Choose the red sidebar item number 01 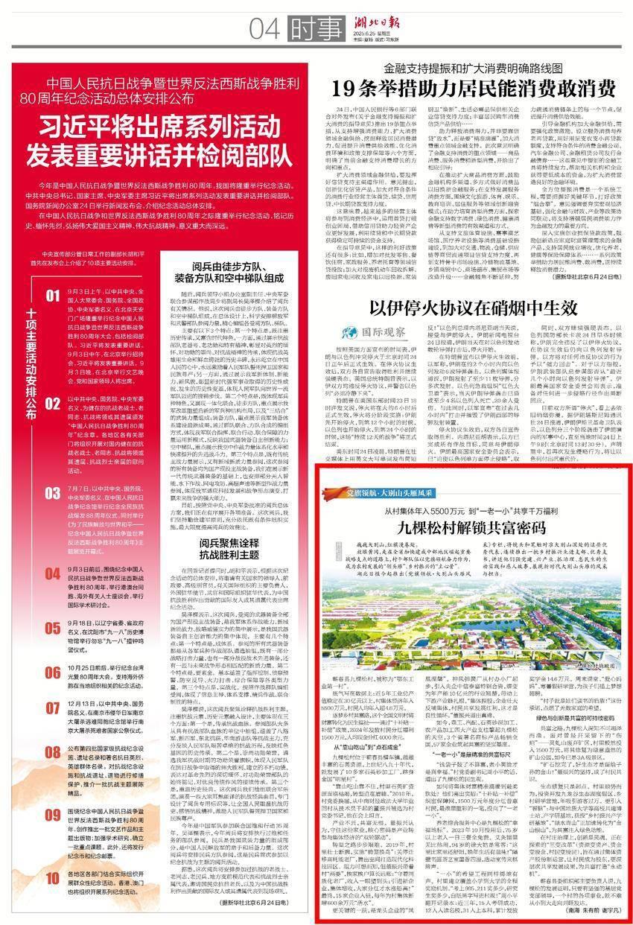coord(52,296)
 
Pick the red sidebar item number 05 coord(52,629)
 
